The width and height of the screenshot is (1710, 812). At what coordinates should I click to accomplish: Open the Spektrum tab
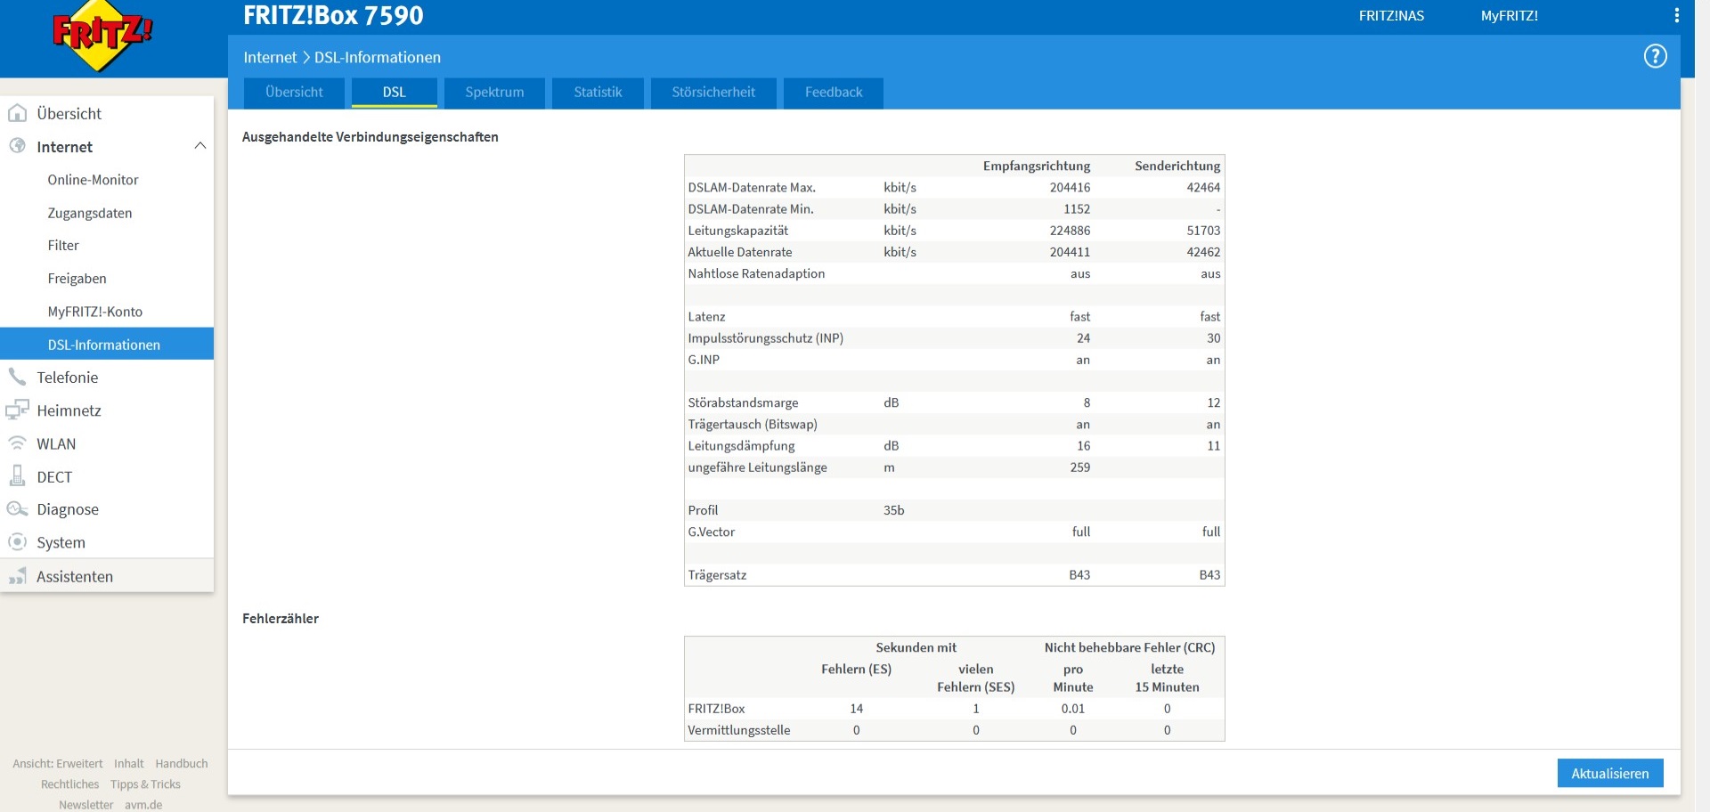(494, 93)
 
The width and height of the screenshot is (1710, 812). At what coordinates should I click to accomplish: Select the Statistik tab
(598, 93)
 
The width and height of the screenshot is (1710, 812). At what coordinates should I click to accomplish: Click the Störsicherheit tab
(713, 93)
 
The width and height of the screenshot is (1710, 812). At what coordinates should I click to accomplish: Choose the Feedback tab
(834, 93)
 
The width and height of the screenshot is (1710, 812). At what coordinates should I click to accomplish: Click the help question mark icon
(1655, 56)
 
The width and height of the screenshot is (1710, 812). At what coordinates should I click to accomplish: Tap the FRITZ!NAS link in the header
(1391, 16)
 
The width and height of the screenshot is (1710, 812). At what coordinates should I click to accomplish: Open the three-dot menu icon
(1676, 15)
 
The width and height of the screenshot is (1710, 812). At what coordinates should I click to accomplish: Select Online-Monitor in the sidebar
(93, 180)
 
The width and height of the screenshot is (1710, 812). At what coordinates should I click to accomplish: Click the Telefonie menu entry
(68, 378)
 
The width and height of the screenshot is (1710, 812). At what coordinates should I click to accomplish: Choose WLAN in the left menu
(56, 444)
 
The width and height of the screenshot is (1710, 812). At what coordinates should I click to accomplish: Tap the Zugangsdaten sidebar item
(90, 214)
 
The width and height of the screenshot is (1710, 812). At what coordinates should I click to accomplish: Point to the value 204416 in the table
(1070, 188)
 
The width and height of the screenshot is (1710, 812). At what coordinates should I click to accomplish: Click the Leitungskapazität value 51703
(1203, 231)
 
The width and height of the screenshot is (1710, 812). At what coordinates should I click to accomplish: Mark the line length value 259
(1080, 467)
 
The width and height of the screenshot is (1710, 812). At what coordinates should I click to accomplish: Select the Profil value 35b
(893, 510)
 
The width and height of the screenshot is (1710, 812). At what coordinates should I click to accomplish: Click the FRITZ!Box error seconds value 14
(857, 709)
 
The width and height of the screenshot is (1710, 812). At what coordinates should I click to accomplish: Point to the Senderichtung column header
(1177, 166)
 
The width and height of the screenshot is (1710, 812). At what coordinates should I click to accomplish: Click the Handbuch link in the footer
(182, 764)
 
